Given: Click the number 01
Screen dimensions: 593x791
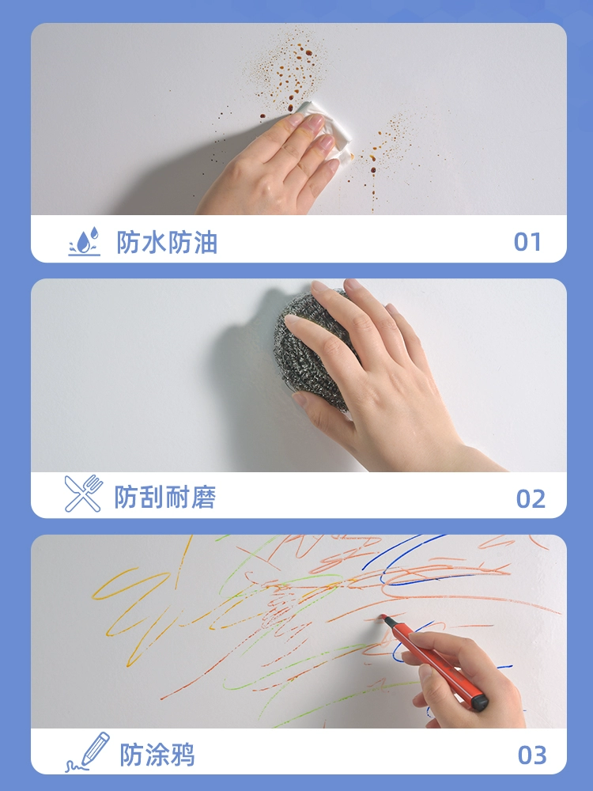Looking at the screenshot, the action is click(527, 242).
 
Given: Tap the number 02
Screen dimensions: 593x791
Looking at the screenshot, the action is click(531, 499).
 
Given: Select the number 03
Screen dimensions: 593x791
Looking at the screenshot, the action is click(532, 755).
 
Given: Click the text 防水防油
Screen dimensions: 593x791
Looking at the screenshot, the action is click(167, 242).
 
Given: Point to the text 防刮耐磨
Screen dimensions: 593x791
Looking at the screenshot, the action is click(165, 498).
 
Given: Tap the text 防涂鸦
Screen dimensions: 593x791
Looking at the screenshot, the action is click(157, 755).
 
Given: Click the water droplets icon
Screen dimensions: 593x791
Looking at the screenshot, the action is click(85, 241).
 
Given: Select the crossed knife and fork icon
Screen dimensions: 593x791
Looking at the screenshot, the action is click(83, 494).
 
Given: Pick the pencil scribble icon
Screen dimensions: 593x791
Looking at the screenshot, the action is click(88, 751).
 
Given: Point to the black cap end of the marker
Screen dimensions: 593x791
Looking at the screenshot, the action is click(480, 702).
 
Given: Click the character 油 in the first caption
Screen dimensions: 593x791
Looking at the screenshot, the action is click(206, 242).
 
